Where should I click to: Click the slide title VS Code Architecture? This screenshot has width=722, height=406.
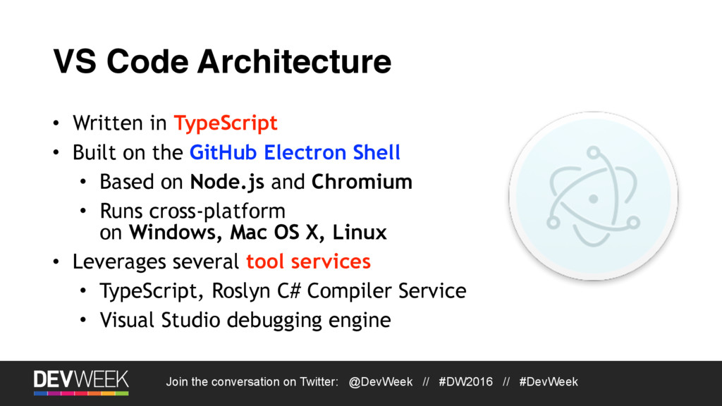point(222,62)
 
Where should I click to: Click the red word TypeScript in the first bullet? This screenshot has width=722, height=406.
point(226,123)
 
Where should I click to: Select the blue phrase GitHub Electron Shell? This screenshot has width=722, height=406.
point(295,152)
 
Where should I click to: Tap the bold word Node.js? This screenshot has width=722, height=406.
point(228,182)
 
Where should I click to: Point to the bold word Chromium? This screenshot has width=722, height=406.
point(362,182)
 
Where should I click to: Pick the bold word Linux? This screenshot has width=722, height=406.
point(360,232)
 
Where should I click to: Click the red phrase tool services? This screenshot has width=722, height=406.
point(308,262)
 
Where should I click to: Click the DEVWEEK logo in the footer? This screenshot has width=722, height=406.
point(81,381)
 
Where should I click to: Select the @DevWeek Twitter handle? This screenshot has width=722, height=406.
point(381,382)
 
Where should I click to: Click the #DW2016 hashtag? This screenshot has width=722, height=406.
point(465,382)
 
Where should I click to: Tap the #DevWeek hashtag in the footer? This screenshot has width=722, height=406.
point(549,382)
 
